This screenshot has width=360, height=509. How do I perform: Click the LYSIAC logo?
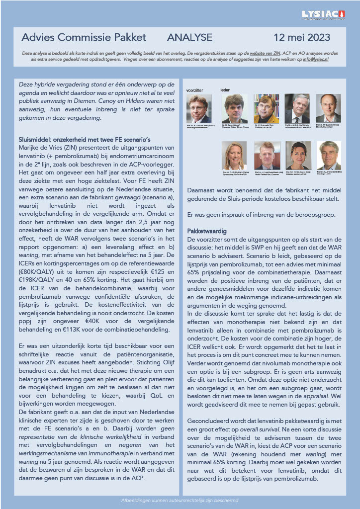pos(324,15)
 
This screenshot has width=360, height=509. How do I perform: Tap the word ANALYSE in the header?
pos(190,38)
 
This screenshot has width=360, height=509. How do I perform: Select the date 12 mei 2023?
pos(305,38)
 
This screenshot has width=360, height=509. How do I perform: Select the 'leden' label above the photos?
pos(225,90)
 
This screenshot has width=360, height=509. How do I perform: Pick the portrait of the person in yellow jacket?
pos(266,108)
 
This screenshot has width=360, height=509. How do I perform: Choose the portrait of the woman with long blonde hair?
pos(234,155)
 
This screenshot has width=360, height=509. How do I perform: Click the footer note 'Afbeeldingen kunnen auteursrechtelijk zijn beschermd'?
pos(180,500)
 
